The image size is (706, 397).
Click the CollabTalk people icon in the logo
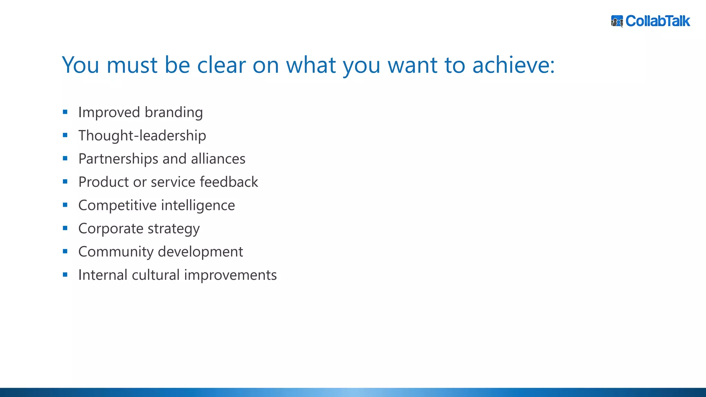tap(617, 21)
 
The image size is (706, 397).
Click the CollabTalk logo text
tap(657, 21)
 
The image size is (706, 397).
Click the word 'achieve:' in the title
tap(513, 65)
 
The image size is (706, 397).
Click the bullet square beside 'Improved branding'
tap(65, 112)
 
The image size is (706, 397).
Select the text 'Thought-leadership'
tap(142, 135)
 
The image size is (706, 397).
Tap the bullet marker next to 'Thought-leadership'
tap(65, 135)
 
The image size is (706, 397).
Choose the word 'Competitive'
tap(118, 205)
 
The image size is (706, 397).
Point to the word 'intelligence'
tap(198, 205)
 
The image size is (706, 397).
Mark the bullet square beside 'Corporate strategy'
tap(65, 228)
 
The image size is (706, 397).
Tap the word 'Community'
tap(116, 252)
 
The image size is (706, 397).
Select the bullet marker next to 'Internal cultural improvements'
tap(65, 275)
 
